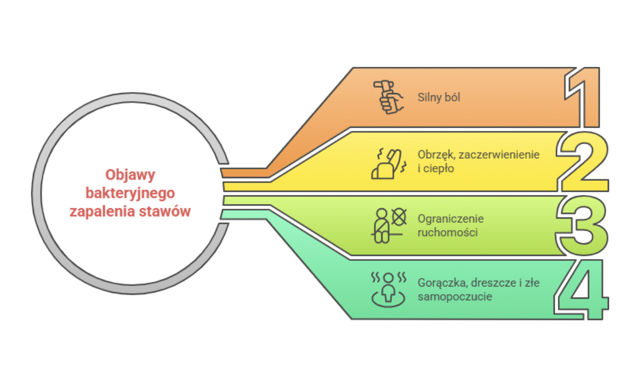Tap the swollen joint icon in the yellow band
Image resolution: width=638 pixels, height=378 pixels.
[388, 162]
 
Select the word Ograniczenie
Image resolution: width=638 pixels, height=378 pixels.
[451, 219]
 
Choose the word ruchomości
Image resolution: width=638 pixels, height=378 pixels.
[447, 232]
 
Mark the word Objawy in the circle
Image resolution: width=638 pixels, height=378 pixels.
[130, 175]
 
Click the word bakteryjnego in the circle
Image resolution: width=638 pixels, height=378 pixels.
[130, 193]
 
